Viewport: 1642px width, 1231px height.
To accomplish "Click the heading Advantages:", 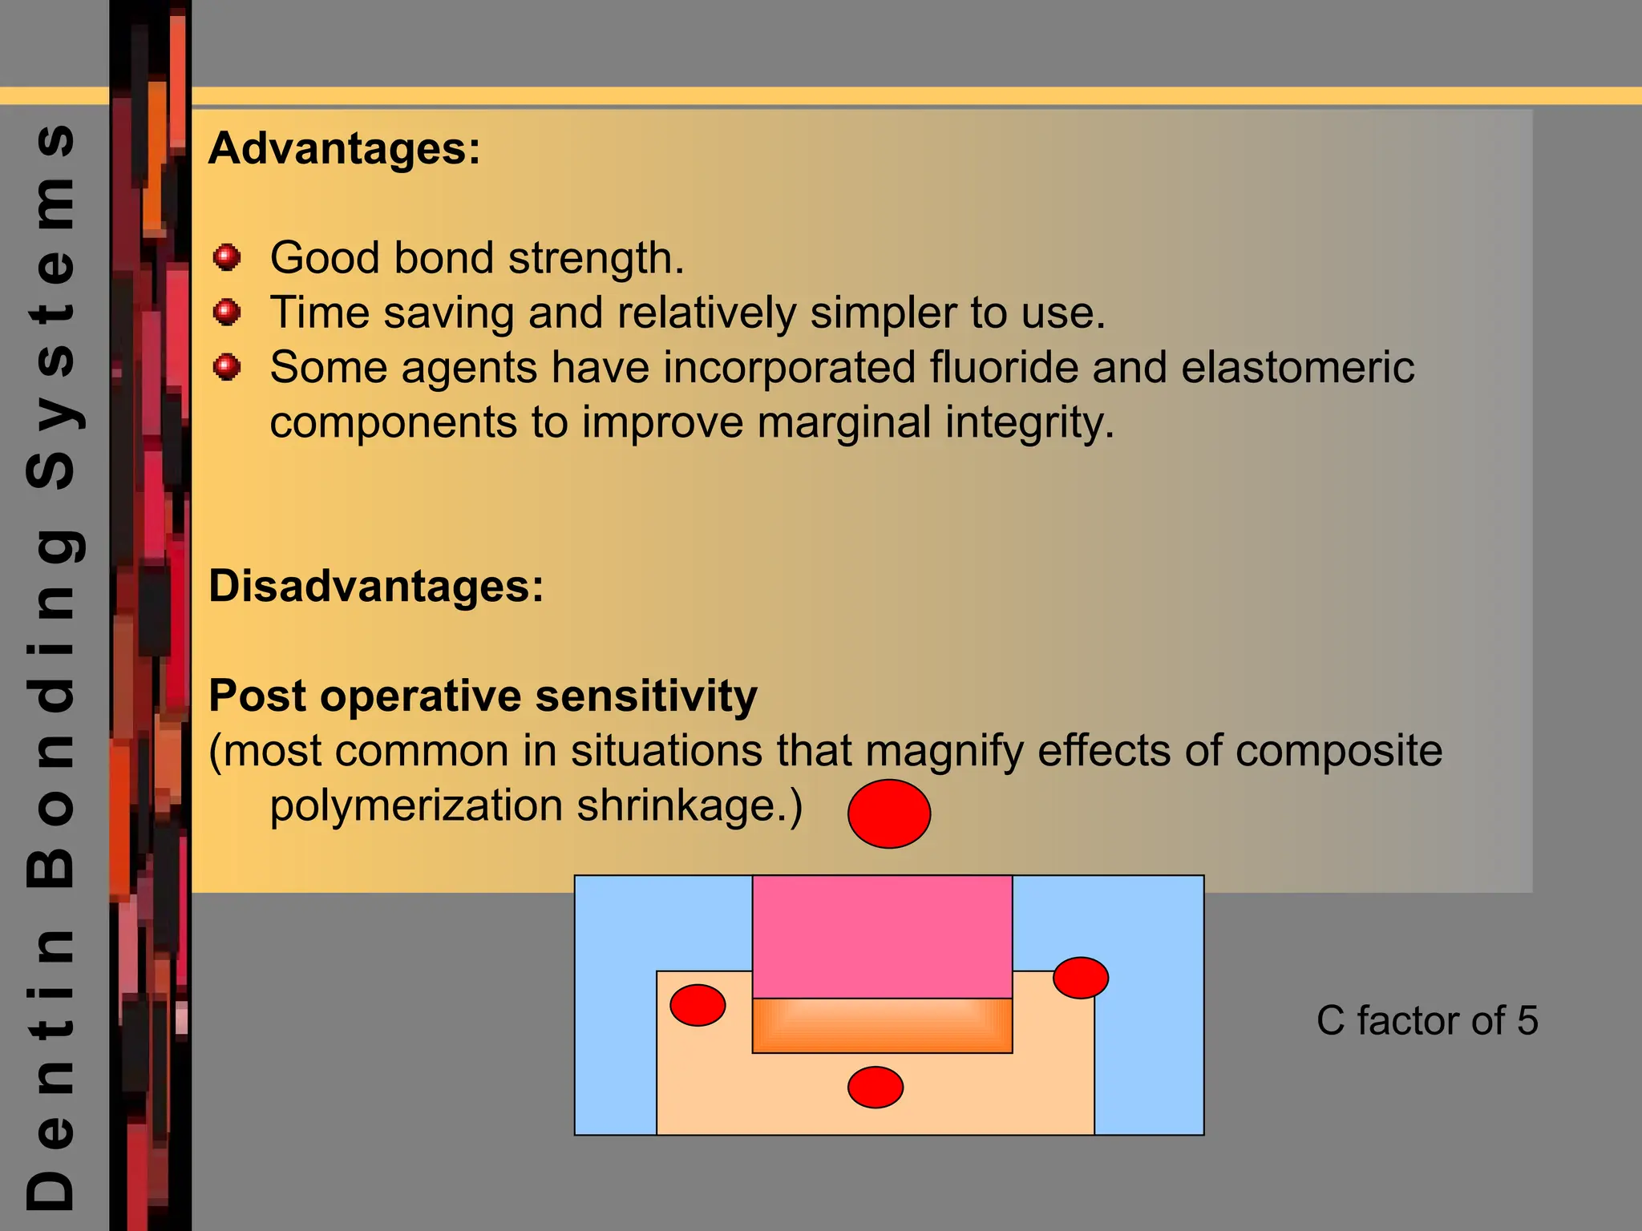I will click(x=344, y=149).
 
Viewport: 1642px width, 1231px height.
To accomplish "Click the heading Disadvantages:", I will click(x=376, y=586).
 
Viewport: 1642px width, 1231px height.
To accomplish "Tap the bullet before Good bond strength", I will click(x=227, y=257).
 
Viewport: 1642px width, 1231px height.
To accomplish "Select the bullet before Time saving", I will click(x=227, y=311).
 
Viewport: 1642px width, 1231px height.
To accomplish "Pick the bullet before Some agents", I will click(x=227, y=367).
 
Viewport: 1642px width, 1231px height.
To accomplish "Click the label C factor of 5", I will click(x=1427, y=1020).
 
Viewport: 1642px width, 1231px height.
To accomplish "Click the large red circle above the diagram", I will click(x=889, y=813).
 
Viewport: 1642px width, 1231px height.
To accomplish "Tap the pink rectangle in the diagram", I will click(x=882, y=936).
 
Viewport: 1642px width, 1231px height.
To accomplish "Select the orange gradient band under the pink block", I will click(x=882, y=1026).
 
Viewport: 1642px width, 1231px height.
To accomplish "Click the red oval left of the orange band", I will click(x=698, y=1005).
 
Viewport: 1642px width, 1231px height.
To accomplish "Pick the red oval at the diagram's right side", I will click(x=1081, y=978).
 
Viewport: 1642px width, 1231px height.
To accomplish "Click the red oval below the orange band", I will click(x=876, y=1088).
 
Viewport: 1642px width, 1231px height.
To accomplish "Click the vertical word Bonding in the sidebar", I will click(x=51, y=705).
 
